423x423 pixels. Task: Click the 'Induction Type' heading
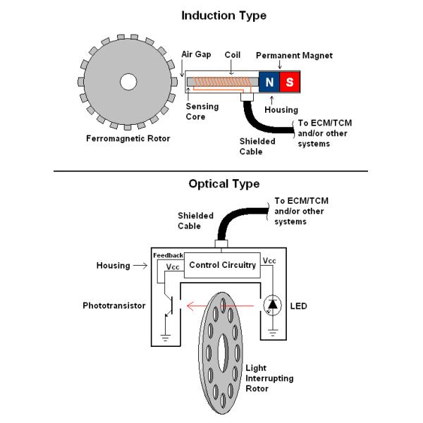pos(223,14)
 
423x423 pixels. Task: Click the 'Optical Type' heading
pos(223,184)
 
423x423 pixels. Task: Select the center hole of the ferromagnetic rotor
pos(128,82)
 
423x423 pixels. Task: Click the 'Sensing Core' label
pos(202,111)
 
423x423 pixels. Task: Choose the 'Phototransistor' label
pos(114,306)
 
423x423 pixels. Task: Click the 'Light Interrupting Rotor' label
pos(269,379)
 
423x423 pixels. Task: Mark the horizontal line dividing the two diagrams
pos(211,171)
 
